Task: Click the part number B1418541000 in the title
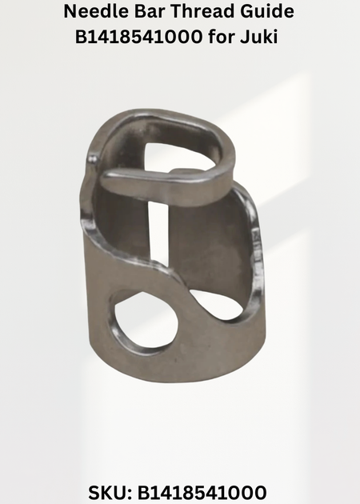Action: pos(139,37)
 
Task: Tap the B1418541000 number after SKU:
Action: pos(202,493)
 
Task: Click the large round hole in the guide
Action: pos(146,322)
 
